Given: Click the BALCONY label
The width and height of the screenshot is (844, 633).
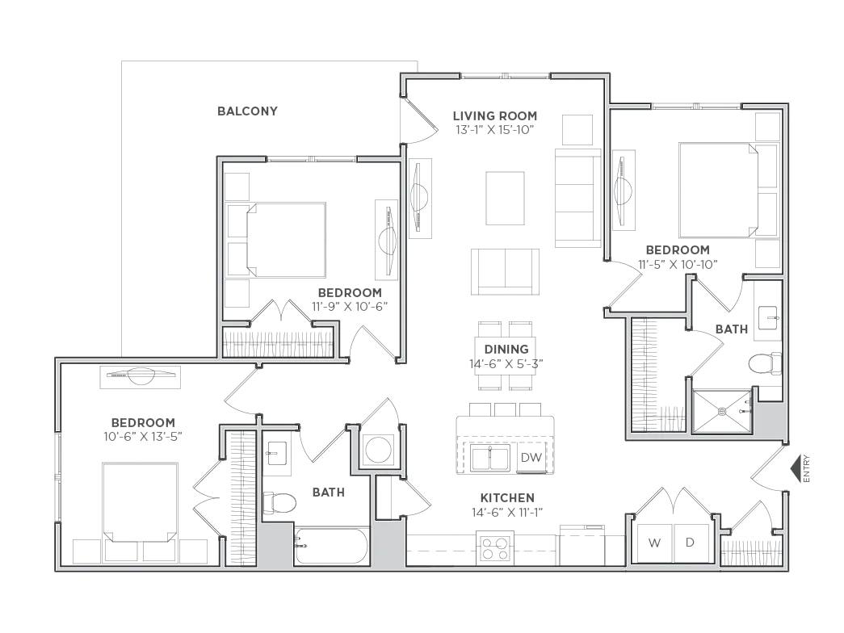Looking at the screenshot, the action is (x=248, y=111).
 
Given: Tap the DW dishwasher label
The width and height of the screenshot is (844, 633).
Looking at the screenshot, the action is (x=531, y=458).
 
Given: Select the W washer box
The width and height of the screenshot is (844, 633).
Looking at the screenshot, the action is (x=654, y=543).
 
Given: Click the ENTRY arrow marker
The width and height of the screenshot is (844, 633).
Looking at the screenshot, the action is (x=796, y=469).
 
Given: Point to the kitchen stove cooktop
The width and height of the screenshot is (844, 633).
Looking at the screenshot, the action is (x=495, y=548).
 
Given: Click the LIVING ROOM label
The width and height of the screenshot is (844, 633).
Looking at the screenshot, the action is (x=494, y=115).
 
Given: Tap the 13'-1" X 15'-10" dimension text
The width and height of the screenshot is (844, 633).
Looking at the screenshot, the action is (x=494, y=130).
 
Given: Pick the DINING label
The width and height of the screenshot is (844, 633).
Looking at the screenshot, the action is (x=506, y=350).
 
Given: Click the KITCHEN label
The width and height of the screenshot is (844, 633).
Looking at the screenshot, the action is (x=507, y=498).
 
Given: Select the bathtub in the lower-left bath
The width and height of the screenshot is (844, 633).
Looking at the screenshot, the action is (x=331, y=546).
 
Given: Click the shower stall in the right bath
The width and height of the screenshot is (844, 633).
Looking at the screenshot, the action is (x=722, y=412).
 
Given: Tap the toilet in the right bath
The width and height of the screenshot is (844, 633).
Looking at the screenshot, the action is (x=765, y=363).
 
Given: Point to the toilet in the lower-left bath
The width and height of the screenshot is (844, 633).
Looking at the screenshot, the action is (x=280, y=503).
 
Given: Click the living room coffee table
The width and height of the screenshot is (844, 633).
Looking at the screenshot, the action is (x=505, y=198).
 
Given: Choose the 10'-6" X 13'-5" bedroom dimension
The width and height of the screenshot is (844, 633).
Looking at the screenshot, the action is (x=143, y=437).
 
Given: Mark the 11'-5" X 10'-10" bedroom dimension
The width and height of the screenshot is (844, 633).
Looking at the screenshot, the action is (x=678, y=264).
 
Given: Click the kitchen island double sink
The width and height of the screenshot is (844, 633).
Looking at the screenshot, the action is (x=489, y=459).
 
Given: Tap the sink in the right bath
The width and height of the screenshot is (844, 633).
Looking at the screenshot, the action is (x=767, y=318).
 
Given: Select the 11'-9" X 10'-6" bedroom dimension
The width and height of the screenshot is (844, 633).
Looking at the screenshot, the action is (x=350, y=307).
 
